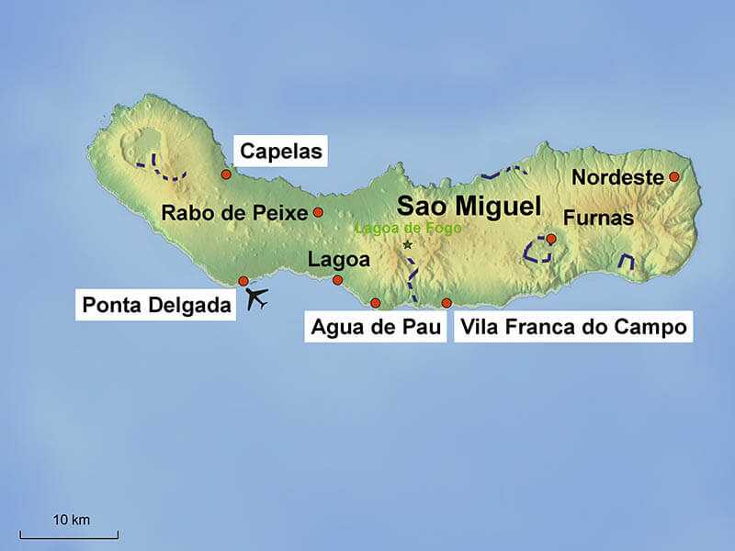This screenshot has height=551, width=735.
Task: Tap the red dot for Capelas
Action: (x=226, y=174)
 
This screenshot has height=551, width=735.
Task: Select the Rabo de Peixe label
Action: (x=233, y=213)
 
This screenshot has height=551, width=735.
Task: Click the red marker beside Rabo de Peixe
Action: (x=318, y=212)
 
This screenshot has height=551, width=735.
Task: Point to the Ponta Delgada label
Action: (x=156, y=306)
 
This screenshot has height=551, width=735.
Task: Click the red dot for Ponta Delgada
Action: (x=243, y=281)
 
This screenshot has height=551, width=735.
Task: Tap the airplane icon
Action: (x=258, y=298)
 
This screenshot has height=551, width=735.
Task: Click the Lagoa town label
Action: (x=339, y=260)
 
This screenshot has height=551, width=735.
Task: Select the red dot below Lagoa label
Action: (x=337, y=280)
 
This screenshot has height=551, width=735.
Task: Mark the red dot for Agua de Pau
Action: (x=375, y=303)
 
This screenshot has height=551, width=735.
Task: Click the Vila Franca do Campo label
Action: (x=573, y=328)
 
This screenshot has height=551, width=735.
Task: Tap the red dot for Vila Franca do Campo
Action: (x=447, y=303)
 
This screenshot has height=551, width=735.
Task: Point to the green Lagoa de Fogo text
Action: (x=407, y=229)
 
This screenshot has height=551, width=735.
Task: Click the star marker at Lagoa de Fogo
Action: (x=408, y=245)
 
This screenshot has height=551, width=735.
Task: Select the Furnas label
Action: (x=598, y=219)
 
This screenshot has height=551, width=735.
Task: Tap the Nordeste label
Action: (x=617, y=177)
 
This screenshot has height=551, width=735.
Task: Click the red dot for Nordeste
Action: (x=673, y=176)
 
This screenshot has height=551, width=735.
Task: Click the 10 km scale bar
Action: (x=70, y=534)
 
